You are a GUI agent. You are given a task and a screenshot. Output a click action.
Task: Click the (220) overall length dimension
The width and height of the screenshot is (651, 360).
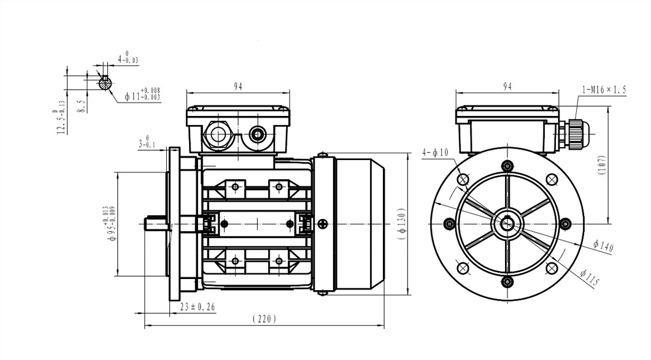[264, 319]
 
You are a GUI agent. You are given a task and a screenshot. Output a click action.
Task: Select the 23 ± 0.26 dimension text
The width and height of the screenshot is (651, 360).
[198, 306]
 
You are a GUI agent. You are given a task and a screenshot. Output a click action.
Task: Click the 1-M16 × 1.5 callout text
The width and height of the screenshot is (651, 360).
[604, 90]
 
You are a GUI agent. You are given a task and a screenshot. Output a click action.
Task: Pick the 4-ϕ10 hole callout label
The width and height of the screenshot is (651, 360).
[436, 152]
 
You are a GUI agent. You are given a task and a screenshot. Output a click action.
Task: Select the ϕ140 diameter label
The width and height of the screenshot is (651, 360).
[603, 246]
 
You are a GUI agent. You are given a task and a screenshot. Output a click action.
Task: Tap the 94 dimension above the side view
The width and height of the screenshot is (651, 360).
[237, 86]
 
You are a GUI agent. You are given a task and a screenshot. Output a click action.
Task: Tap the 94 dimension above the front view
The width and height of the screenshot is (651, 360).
[507, 86]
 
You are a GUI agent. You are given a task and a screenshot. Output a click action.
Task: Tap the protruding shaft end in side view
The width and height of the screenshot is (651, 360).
[156, 224]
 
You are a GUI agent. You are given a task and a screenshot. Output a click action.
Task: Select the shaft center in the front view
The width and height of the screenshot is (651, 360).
[507, 223]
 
